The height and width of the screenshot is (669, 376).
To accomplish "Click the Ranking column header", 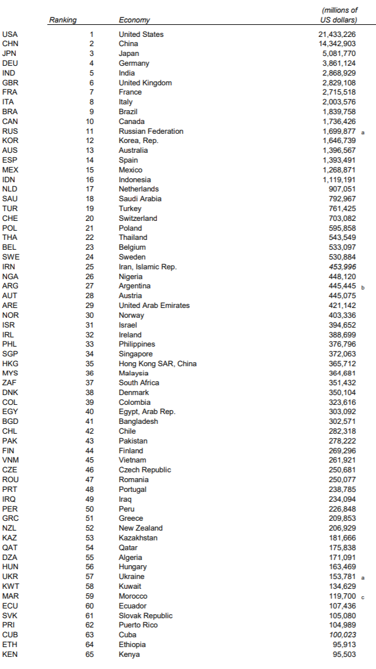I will [63, 20].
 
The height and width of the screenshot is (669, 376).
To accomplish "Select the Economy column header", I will [134, 20].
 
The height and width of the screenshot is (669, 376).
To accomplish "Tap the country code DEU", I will [10, 63].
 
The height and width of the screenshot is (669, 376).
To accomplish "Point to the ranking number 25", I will [89, 266].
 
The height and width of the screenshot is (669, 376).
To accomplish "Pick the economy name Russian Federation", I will [151, 131].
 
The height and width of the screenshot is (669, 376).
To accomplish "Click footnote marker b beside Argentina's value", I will [363, 287].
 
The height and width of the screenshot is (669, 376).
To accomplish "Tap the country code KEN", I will [10, 654].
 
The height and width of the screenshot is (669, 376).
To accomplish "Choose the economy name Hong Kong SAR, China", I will [157, 363].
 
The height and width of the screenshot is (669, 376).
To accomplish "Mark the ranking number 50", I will [89, 509].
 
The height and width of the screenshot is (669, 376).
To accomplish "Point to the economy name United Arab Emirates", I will [154, 305].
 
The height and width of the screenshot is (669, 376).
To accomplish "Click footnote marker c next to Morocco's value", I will [363, 597].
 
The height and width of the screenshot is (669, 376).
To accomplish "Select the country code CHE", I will [10, 218].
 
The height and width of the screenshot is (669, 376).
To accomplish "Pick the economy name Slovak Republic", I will [145, 615].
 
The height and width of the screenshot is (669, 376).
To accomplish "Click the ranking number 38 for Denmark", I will [89, 392].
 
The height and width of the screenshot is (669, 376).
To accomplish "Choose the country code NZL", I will [10, 528].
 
